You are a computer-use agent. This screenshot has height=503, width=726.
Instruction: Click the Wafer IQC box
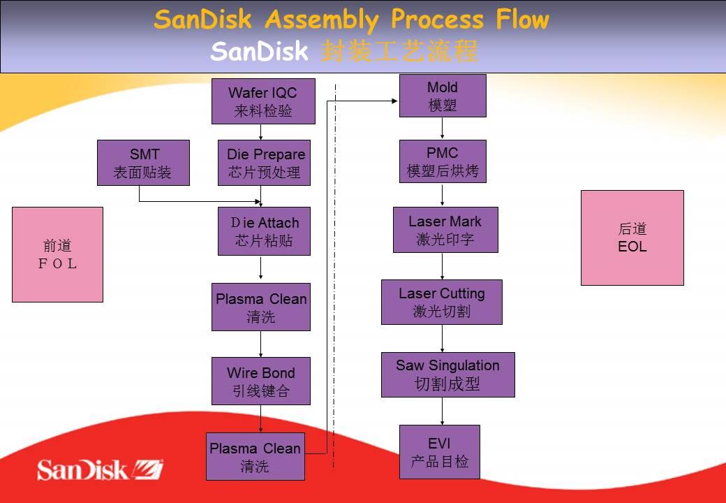coord(263,101)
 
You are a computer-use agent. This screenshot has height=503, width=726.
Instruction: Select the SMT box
coord(143,163)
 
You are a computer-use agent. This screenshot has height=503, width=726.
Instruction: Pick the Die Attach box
coord(264,231)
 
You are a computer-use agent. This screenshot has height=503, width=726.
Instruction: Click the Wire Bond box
coord(261,381)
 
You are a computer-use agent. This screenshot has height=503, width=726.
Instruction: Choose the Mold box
coord(443,96)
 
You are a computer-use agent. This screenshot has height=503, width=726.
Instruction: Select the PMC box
coord(443,161)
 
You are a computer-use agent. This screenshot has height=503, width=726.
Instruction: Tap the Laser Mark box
coord(445,230)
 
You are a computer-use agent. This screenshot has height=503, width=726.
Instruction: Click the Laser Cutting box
coord(442,302)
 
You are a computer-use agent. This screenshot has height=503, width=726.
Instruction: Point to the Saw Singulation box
coord(447,374)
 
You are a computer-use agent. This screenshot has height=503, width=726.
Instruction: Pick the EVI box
coord(440,452)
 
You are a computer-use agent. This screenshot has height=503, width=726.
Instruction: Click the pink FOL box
coord(58,254)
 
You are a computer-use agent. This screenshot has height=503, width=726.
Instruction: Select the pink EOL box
coord(632,238)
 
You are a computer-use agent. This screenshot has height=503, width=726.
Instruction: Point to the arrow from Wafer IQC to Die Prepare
coord(261,132)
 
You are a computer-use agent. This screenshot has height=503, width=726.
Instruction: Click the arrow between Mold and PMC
coord(443,129)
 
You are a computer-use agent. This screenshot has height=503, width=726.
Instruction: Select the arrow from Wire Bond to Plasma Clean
coord(261,418)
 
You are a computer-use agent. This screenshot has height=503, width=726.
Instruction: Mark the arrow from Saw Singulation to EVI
coord(443,411)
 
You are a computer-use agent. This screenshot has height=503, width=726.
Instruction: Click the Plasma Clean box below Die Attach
coord(261,307)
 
